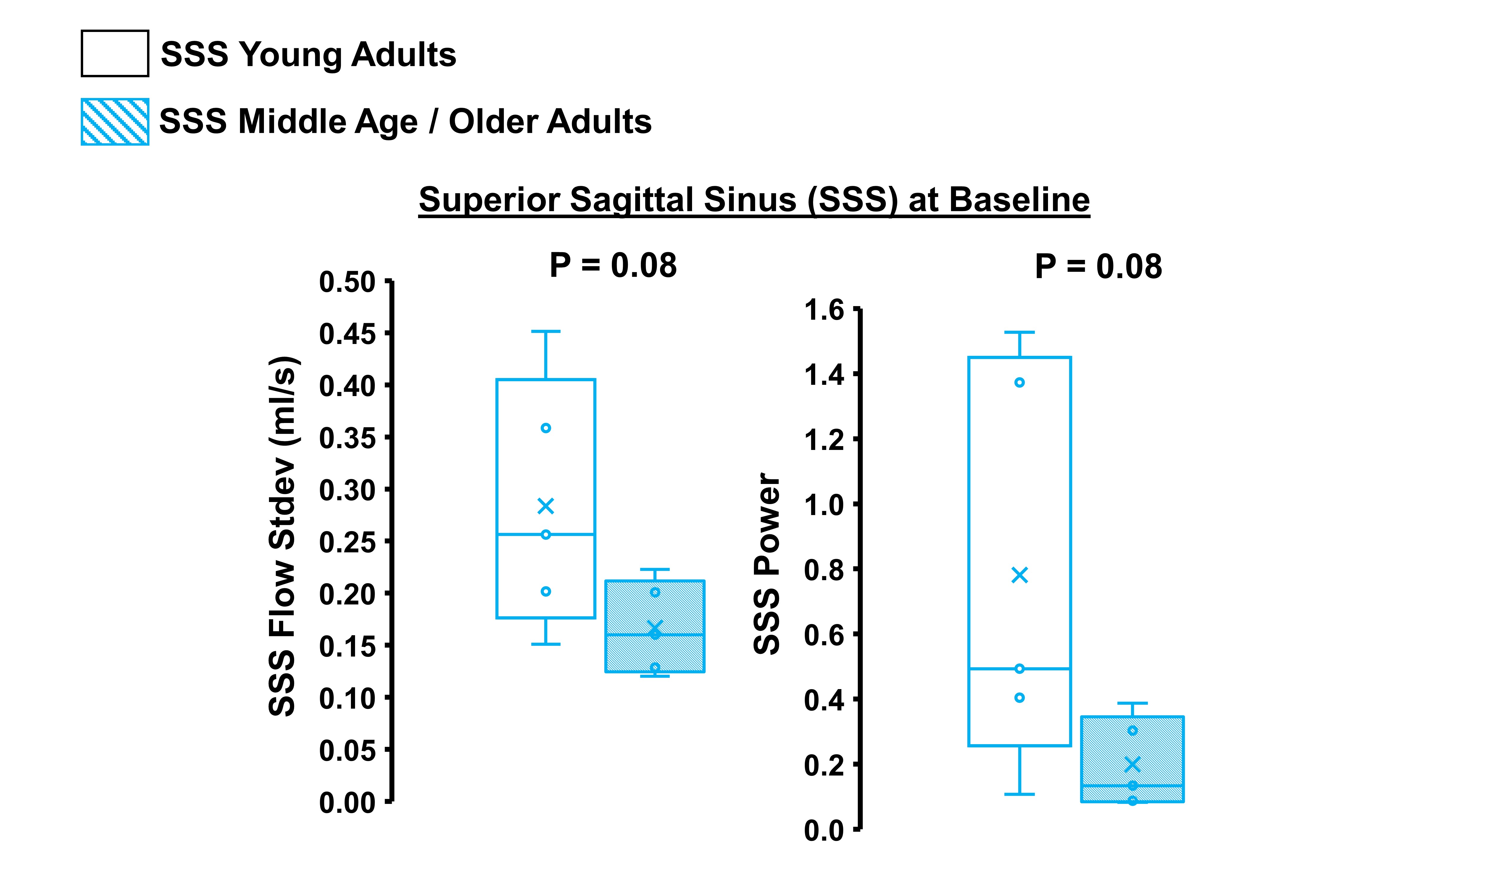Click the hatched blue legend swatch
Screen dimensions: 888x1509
click(115, 122)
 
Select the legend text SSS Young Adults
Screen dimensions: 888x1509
click(308, 54)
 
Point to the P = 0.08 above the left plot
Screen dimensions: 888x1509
click(613, 266)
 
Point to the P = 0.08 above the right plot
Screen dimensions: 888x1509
click(1098, 267)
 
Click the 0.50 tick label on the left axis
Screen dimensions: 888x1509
click(347, 282)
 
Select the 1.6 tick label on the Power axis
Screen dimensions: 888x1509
click(824, 311)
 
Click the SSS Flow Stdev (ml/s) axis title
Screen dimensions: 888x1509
click(283, 536)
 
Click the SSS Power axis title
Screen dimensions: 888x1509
click(768, 563)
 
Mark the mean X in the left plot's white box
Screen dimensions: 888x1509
click(546, 506)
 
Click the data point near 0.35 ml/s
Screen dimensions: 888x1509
click(546, 428)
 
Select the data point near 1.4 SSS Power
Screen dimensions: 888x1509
click(1019, 382)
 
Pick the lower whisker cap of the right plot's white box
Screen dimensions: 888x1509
click(1019, 794)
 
